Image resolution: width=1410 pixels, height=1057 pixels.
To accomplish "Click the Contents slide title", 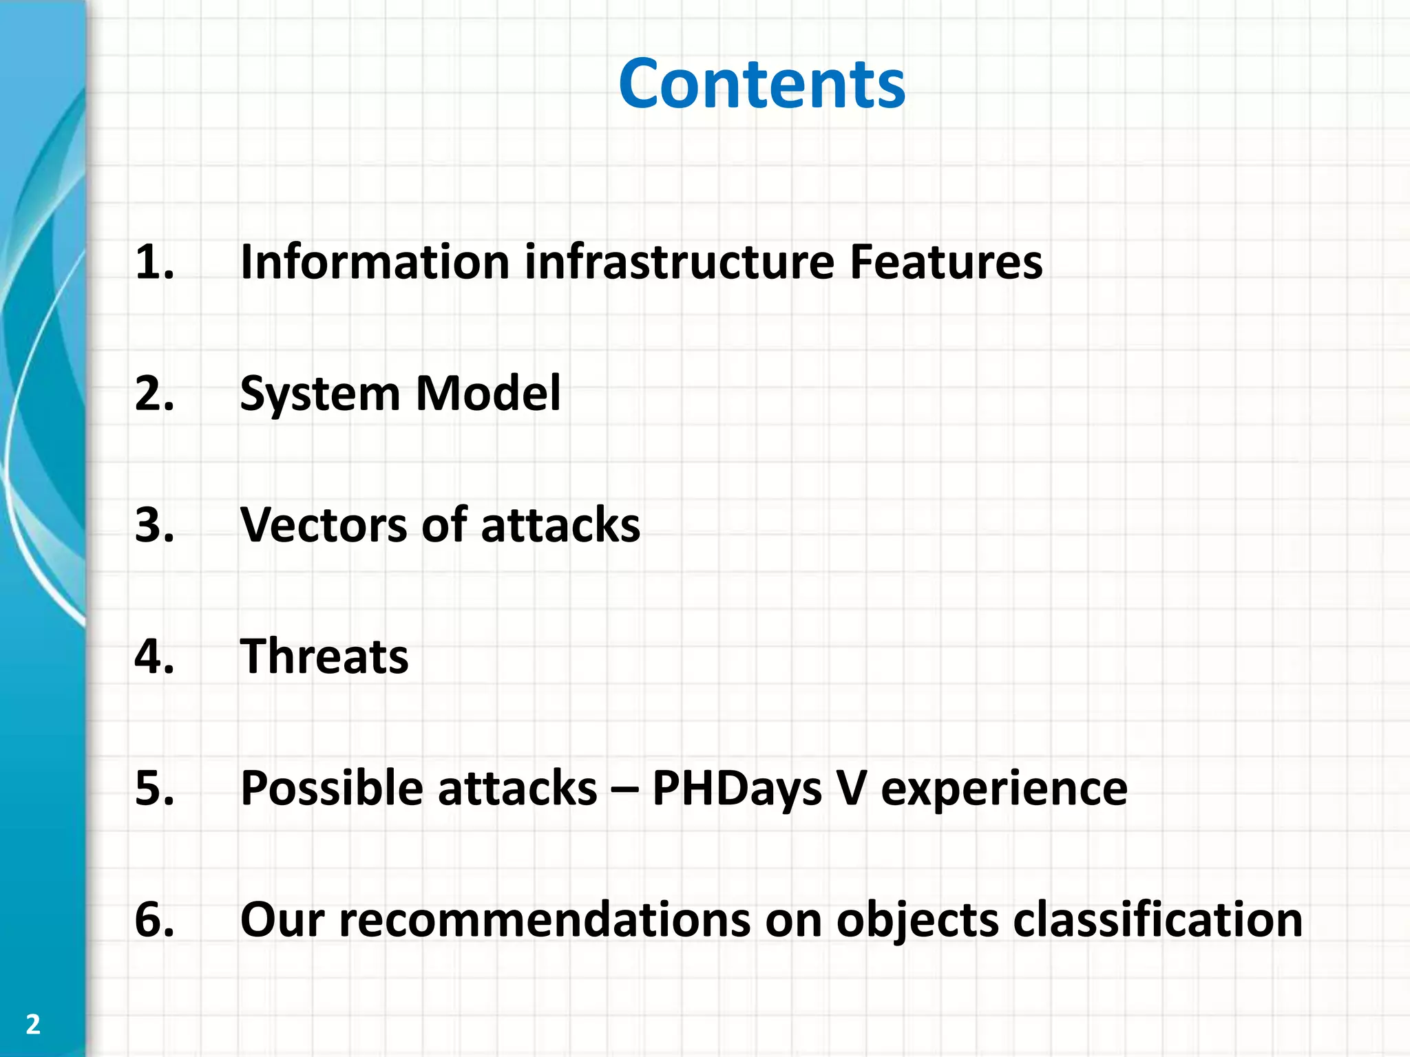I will pyautogui.click(x=761, y=84).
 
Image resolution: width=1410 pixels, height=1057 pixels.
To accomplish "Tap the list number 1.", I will pyautogui.click(x=154, y=262).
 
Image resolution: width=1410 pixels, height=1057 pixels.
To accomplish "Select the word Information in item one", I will pyautogui.click(x=375, y=262).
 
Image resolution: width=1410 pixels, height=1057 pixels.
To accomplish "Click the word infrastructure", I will pyautogui.click(x=680, y=262).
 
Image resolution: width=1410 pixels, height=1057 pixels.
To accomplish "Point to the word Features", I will pyautogui.click(x=946, y=262).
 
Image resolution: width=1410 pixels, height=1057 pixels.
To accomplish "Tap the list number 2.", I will pyautogui.click(x=154, y=394).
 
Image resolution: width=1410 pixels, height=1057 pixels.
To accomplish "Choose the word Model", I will pyautogui.click(x=488, y=394).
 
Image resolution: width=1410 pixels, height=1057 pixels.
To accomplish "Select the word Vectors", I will pyautogui.click(x=324, y=525).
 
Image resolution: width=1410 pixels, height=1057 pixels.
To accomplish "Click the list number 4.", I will pyautogui.click(x=154, y=656).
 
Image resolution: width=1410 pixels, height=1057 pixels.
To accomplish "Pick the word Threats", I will pyautogui.click(x=324, y=656).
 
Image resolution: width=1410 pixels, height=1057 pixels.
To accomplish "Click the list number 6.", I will pyautogui.click(x=154, y=919).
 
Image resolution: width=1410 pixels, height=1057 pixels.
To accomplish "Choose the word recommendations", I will pyautogui.click(x=544, y=919).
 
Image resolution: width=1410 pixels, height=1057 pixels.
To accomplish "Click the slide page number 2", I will pyautogui.click(x=33, y=1025).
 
